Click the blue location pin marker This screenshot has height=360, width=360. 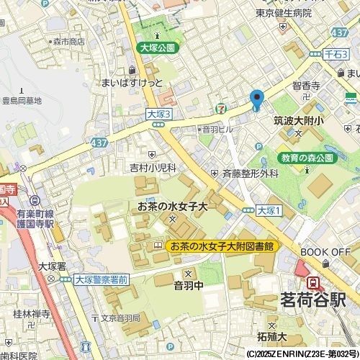point(256,100)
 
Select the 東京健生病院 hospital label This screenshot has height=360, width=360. point(284,13)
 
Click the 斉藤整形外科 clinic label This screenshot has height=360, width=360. point(249,174)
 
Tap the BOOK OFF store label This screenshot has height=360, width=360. point(324,251)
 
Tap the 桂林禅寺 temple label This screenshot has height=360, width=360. point(32,314)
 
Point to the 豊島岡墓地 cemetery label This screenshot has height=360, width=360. point(22,101)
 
